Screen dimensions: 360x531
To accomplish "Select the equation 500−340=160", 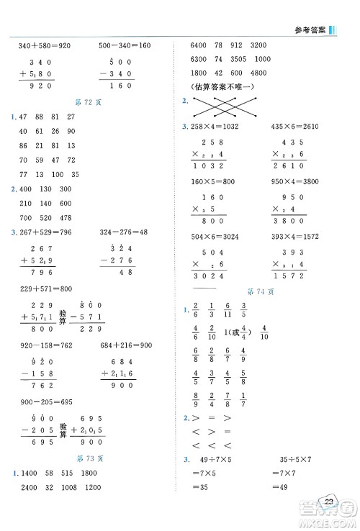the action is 125,45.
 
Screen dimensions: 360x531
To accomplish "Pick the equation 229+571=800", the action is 46,288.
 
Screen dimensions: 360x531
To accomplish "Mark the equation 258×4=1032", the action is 215,126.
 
